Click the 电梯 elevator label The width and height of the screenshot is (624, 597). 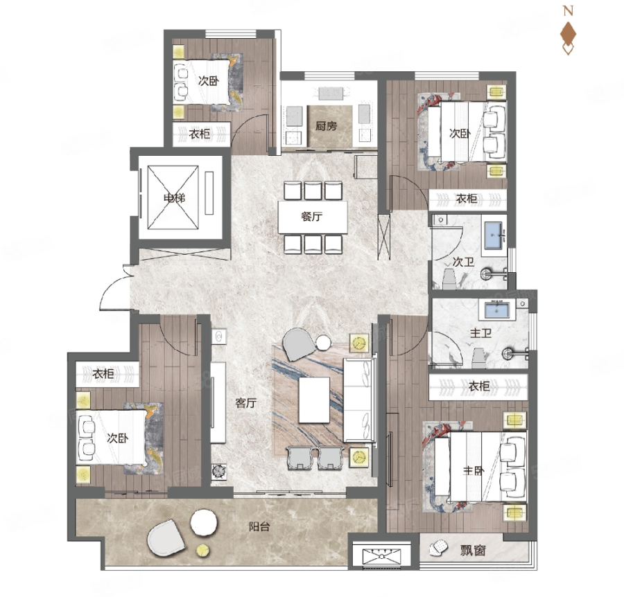[x=174, y=197]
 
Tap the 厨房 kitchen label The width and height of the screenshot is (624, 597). [x=326, y=126]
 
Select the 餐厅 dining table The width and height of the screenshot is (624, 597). [x=313, y=217]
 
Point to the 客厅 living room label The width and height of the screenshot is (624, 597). [x=245, y=403]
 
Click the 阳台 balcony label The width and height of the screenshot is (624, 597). [x=259, y=526]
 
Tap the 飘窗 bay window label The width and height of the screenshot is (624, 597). [x=473, y=551]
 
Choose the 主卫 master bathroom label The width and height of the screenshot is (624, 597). [x=480, y=332]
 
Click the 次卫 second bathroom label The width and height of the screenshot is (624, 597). [x=463, y=262]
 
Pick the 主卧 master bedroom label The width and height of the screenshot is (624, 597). [x=473, y=470]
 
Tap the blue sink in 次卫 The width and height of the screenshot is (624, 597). [x=494, y=235]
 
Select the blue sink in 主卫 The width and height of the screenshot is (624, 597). [x=496, y=310]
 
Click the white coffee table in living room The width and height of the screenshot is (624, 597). [x=314, y=400]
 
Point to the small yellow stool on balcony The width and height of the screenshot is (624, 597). [x=203, y=550]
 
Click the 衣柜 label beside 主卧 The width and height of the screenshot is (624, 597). [x=478, y=386]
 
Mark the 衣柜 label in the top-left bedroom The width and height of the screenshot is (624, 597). [x=200, y=134]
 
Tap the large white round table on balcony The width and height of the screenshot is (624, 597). [x=204, y=522]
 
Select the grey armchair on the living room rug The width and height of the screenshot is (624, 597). [x=297, y=344]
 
